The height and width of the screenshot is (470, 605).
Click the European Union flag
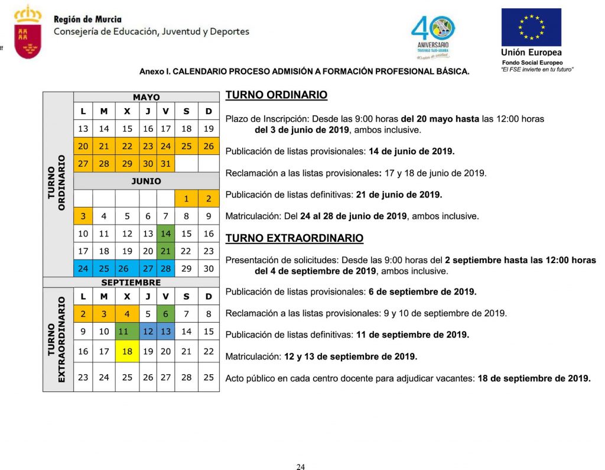[531, 27]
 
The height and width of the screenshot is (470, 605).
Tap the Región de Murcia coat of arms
[28, 33]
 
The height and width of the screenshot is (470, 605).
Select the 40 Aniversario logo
[433, 36]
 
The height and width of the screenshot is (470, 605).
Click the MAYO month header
[146, 98]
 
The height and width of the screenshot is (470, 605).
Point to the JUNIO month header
[146, 181]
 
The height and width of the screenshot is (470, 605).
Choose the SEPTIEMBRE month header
[131, 283]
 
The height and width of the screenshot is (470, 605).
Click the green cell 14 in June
[165, 234]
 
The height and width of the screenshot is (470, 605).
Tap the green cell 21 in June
[165, 251]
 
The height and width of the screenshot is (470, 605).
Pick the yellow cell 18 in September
[127, 351]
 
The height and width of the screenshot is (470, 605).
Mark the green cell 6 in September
[165, 314]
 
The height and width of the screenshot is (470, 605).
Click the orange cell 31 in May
[165, 164]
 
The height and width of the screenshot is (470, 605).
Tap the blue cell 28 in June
[165, 269]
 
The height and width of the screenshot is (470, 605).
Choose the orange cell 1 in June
[186, 199]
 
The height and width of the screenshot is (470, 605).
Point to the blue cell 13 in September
[165, 332]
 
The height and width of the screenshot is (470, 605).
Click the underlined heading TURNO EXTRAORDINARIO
[294, 238]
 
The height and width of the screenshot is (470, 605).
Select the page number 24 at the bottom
[300, 467]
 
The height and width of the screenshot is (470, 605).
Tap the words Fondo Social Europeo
[532, 63]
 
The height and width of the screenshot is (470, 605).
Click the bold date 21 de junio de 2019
[399, 194]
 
